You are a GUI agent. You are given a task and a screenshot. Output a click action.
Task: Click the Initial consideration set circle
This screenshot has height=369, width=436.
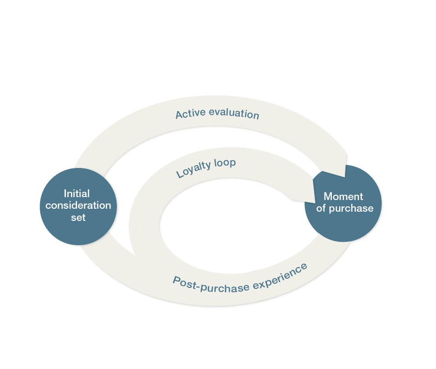click(x=78, y=206)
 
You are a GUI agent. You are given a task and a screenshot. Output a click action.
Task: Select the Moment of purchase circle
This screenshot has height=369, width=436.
click(x=343, y=203)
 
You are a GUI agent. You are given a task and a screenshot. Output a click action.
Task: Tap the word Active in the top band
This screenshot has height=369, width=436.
click(x=189, y=114)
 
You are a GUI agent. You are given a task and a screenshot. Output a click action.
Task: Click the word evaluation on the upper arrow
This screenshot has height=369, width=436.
click(x=232, y=114)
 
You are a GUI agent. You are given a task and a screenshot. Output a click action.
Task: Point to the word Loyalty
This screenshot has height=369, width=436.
click(x=193, y=168)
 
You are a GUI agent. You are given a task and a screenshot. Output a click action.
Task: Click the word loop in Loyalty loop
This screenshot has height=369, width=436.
click(x=225, y=163)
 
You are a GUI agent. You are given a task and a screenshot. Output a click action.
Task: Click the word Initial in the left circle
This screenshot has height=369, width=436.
click(x=77, y=193)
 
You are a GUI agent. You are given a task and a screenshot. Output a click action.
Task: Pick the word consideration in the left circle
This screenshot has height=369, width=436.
click(x=78, y=205)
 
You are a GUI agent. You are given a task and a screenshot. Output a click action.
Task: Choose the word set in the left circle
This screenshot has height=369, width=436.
click(x=78, y=218)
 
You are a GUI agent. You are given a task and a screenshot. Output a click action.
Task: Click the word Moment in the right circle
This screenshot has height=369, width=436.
click(x=343, y=197)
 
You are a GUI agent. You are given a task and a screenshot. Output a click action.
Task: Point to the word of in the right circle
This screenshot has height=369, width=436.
click(x=321, y=209)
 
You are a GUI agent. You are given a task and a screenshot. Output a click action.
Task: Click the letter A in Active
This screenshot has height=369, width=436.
click(x=179, y=115)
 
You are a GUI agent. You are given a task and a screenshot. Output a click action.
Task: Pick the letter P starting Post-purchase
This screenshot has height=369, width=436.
click(x=176, y=280)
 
